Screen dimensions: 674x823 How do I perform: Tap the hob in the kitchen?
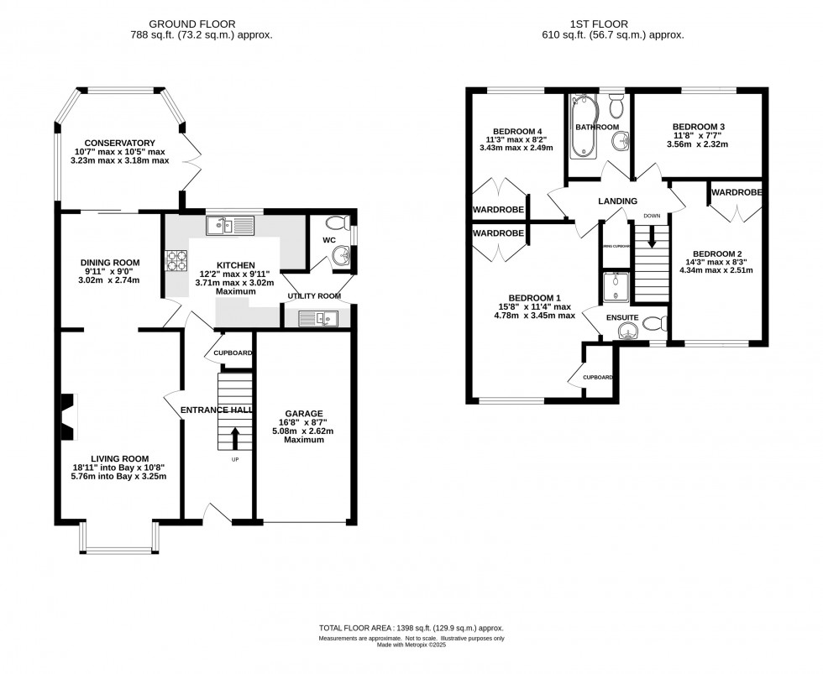pyautogui.click(x=178, y=261)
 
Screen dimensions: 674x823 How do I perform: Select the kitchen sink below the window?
pyautogui.click(x=228, y=225)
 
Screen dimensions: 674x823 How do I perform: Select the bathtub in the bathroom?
pyautogui.click(x=583, y=128)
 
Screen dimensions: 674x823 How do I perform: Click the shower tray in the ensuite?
pyautogui.click(x=616, y=288)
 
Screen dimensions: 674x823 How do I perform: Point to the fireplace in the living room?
pyautogui.click(x=68, y=417)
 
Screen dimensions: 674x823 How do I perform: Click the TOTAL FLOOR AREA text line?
pyautogui.click(x=411, y=628)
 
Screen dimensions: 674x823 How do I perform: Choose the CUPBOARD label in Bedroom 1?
pyautogui.click(x=598, y=377)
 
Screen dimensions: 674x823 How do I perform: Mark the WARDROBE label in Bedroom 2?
pyautogui.click(x=736, y=192)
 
